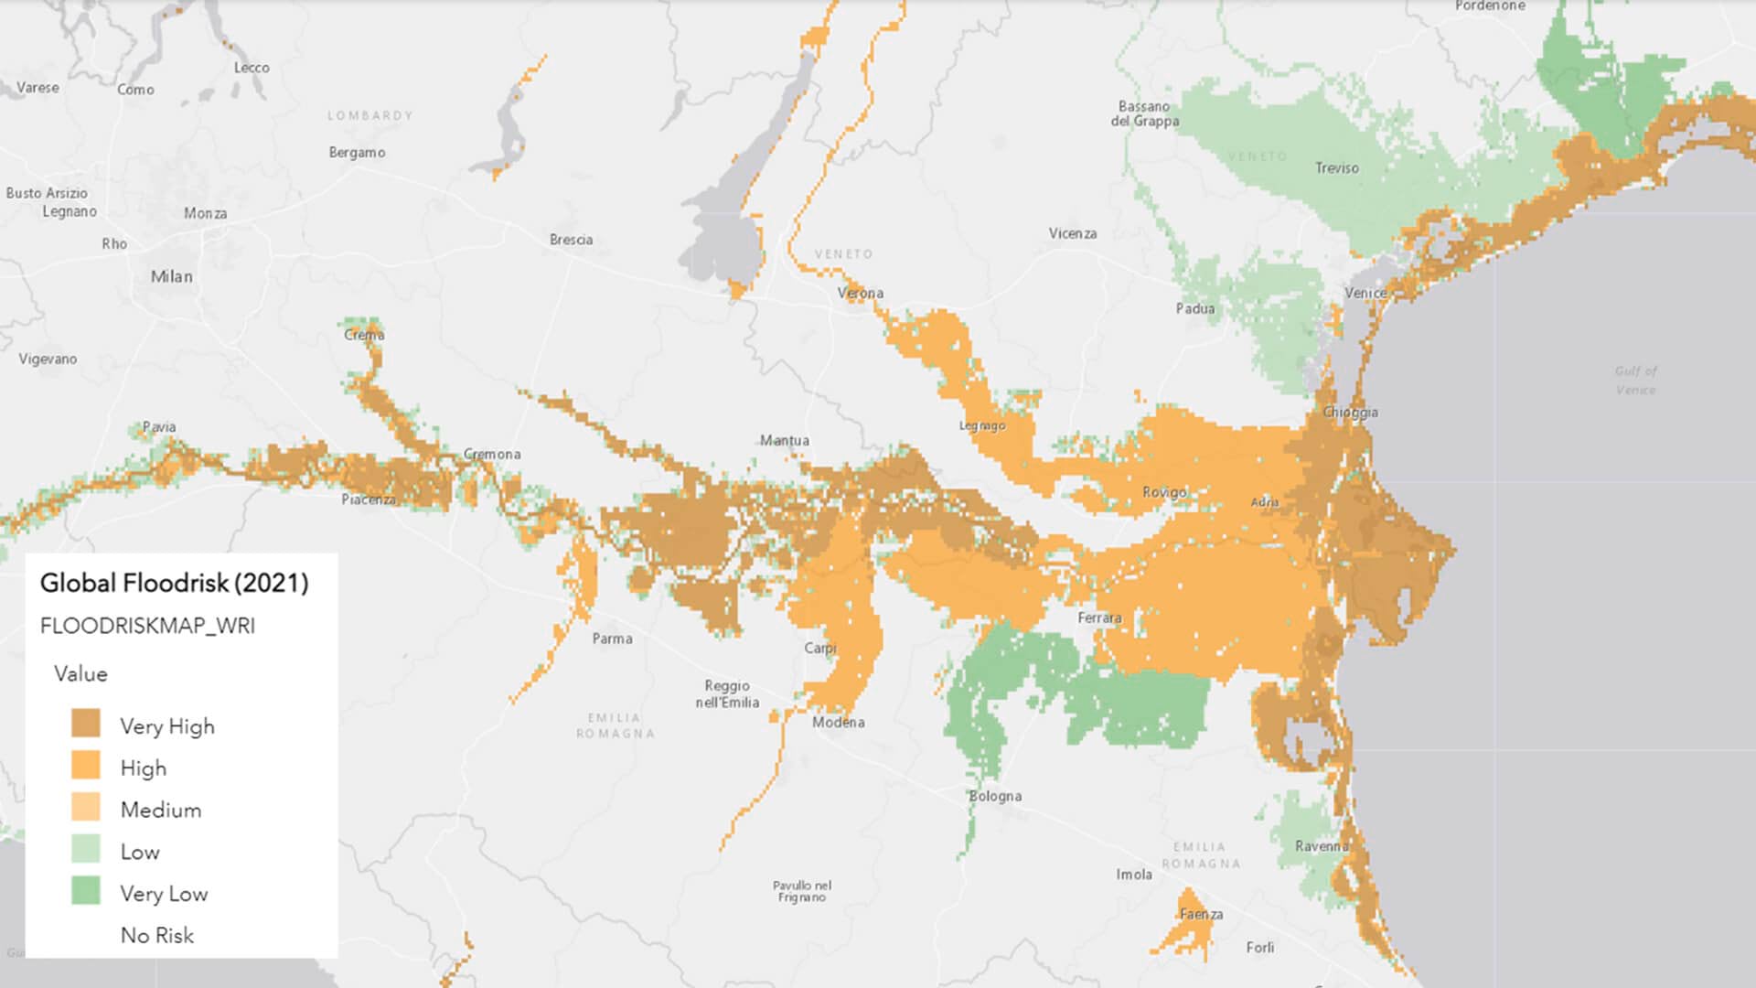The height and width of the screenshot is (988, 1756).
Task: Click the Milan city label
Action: coord(172,276)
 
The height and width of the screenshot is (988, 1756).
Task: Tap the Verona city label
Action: coord(860,293)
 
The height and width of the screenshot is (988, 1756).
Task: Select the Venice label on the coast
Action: coord(1365,293)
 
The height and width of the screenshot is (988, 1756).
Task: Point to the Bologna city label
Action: coord(995,796)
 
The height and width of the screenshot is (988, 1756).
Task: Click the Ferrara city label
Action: coord(1099,617)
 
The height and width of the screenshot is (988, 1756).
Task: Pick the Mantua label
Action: coord(784,440)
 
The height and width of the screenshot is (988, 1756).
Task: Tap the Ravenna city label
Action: coord(1322,846)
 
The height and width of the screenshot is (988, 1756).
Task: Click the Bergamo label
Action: coord(357,152)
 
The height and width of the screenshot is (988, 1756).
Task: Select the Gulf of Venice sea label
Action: coord(1635,380)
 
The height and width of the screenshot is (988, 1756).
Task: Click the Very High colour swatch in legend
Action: coord(86,724)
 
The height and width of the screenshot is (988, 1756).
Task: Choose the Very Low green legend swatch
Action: coord(86,891)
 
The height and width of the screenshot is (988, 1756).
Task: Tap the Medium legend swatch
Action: coord(86,808)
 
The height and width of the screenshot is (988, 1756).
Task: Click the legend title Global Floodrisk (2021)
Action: coord(174,583)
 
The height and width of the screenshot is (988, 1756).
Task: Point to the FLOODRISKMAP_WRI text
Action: coord(147,626)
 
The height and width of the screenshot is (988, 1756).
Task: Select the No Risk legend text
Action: coord(157,935)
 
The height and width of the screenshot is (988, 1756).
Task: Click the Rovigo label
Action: coord(1164,492)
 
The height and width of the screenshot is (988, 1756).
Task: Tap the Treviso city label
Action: coord(1336,167)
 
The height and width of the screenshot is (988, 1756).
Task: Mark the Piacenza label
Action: coord(369,499)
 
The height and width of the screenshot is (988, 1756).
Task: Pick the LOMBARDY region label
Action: coord(370,115)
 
